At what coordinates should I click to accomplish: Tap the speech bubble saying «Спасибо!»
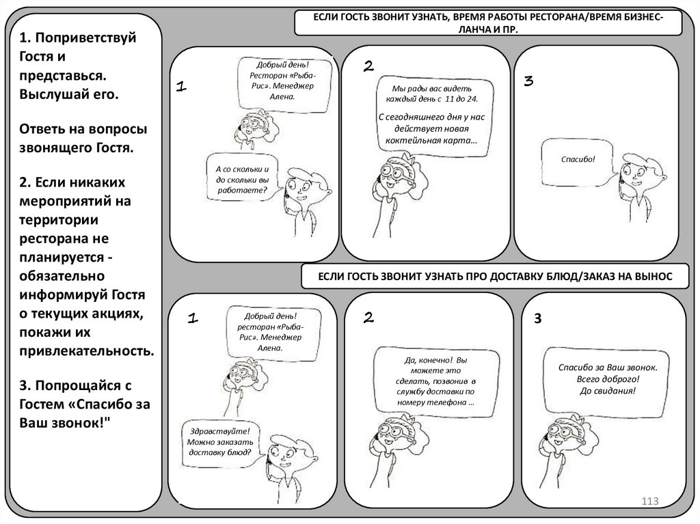tap(577, 159)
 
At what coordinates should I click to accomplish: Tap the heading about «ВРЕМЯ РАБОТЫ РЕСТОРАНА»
tap(487, 22)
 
